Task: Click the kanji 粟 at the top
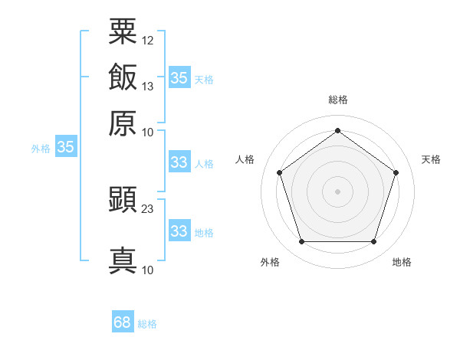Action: click(123, 31)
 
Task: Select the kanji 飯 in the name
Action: click(123, 77)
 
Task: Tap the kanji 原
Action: click(123, 123)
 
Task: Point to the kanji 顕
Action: click(123, 199)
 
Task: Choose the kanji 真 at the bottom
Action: click(123, 260)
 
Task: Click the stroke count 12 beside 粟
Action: click(147, 41)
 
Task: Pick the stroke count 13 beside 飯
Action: click(147, 87)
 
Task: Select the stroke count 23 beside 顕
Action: click(147, 209)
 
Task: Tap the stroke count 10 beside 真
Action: click(147, 270)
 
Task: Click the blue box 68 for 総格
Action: click(123, 321)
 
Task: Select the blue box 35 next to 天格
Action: click(180, 77)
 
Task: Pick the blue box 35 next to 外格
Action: click(66, 146)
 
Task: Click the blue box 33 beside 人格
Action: click(180, 162)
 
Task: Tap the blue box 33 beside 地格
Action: click(180, 230)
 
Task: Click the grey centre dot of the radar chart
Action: click(337, 191)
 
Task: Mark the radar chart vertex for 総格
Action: click(337, 130)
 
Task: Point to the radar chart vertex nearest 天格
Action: click(396, 172)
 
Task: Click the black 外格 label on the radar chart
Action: click(270, 262)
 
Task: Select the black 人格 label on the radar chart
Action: click(245, 159)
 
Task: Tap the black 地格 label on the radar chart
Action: click(402, 262)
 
